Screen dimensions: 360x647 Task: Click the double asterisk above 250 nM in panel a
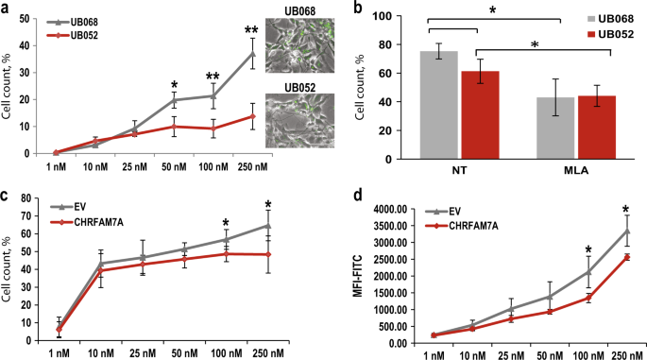[x=251, y=32]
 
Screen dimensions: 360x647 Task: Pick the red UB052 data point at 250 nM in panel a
[x=251, y=116]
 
